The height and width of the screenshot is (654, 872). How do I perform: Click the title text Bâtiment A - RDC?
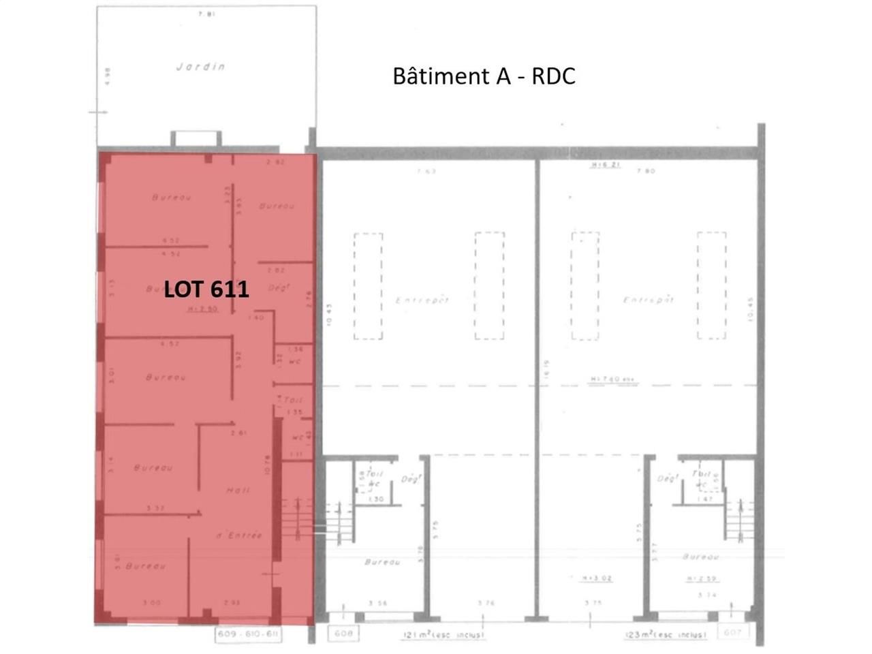click(x=484, y=76)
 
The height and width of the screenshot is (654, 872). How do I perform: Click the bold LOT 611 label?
click(x=206, y=290)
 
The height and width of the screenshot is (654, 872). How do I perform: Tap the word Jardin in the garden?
click(x=201, y=67)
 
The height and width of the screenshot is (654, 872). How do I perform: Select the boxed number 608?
click(x=344, y=634)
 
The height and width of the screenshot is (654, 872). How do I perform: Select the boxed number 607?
click(x=732, y=633)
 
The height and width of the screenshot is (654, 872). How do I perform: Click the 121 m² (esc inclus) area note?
click(x=443, y=635)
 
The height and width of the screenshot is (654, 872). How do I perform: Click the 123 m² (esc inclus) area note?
click(x=666, y=635)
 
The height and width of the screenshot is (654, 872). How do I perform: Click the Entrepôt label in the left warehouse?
click(x=422, y=300)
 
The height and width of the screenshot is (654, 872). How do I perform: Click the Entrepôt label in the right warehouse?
click(x=649, y=300)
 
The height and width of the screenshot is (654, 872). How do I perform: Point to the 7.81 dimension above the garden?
click(x=206, y=13)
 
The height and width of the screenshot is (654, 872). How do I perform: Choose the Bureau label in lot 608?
click(x=381, y=562)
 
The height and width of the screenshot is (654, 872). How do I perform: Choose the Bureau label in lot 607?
click(x=702, y=557)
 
